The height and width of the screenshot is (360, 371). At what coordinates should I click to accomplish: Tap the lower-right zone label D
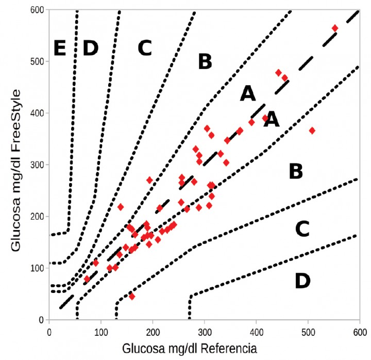(302, 281)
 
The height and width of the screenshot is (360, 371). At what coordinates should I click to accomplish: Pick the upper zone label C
(144, 48)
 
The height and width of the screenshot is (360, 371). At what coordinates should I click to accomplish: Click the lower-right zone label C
(302, 228)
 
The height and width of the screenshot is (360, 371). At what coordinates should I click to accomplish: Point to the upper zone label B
(205, 62)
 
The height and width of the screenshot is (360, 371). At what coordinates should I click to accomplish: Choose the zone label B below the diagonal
(295, 171)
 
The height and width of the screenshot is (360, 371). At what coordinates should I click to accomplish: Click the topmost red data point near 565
(335, 28)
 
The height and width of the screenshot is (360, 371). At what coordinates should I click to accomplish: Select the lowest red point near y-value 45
(132, 297)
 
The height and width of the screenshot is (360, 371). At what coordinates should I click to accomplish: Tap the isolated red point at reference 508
(312, 130)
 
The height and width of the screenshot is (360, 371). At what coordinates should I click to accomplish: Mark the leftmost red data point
(87, 279)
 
